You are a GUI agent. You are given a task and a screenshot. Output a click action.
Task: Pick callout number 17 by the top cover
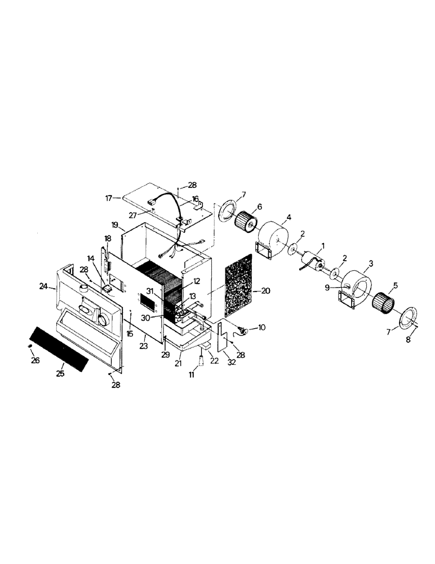pos(108,197)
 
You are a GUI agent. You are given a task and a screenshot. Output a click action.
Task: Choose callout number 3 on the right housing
pos(371,263)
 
